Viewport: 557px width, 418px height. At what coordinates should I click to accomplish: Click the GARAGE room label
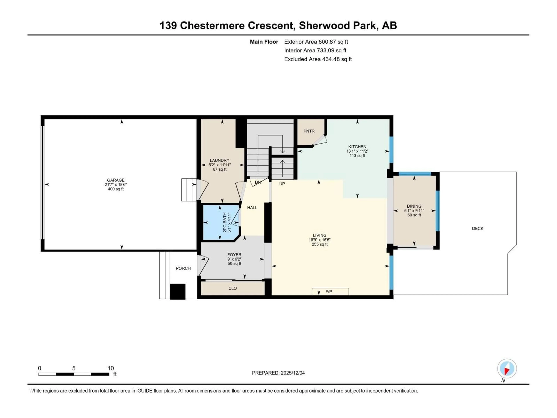tap(116, 180)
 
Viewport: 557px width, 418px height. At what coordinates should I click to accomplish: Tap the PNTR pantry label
tap(309, 131)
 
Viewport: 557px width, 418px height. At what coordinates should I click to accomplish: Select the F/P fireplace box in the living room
tap(330, 292)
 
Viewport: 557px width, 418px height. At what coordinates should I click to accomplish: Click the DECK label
tap(477, 229)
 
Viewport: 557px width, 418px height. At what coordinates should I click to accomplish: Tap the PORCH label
tap(183, 268)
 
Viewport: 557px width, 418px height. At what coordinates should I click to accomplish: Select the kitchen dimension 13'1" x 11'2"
tap(357, 151)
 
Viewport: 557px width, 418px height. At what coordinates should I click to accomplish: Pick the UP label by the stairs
tap(282, 184)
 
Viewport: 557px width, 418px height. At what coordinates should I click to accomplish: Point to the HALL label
tap(252, 208)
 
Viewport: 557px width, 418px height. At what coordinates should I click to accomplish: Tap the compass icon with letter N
tap(507, 369)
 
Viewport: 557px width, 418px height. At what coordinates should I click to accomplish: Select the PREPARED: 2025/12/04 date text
tap(278, 373)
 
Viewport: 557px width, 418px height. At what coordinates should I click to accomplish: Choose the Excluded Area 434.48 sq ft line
tap(318, 59)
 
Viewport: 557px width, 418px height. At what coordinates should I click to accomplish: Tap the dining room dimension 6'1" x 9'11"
tap(414, 211)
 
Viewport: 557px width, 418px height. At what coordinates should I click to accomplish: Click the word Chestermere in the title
tap(212, 26)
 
